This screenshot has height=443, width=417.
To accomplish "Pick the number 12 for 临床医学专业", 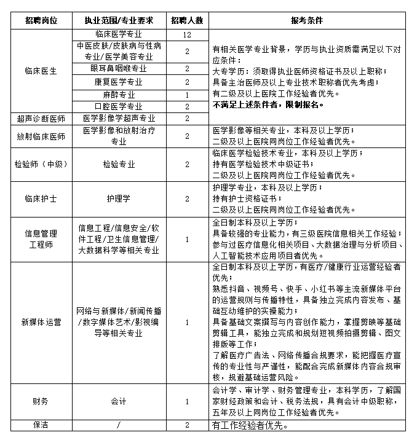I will pyautogui.click(x=186, y=34).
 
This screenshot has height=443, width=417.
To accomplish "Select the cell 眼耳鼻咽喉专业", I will pyautogui.click(x=118, y=68).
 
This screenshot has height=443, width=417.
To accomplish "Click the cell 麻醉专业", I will pyautogui.click(x=118, y=95).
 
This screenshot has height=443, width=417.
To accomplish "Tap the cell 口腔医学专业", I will pyautogui.click(x=118, y=107).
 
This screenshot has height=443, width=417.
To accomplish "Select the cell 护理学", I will pyautogui.click(x=118, y=198).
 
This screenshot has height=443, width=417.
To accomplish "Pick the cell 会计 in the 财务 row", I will pyautogui.click(x=118, y=401).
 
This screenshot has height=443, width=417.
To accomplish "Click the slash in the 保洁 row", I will pyautogui.click(x=118, y=425).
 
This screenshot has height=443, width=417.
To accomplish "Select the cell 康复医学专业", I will pyautogui.click(x=118, y=82).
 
